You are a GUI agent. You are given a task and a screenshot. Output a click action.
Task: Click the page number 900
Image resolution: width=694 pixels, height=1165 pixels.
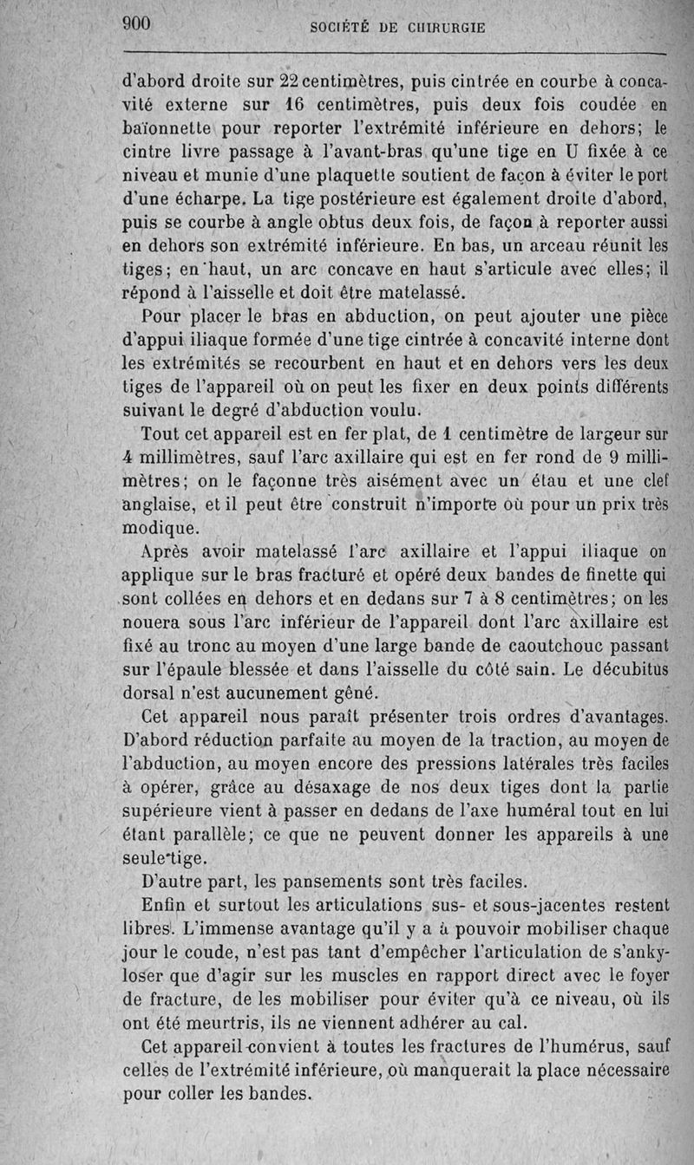137,24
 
